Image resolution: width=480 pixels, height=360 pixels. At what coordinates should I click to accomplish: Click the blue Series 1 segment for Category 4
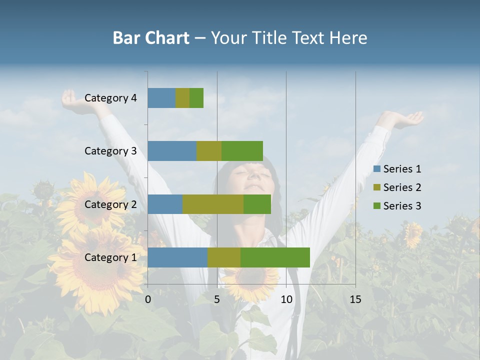(161, 98)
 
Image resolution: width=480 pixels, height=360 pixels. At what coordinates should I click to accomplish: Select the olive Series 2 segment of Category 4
(182, 98)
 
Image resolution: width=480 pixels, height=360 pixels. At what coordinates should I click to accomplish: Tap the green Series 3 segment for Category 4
(196, 98)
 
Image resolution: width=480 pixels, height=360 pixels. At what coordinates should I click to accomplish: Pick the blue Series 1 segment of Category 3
(172, 151)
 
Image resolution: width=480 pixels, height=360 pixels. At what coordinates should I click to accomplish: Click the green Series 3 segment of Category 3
(242, 151)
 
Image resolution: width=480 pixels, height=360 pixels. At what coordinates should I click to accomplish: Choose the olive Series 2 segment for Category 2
(213, 204)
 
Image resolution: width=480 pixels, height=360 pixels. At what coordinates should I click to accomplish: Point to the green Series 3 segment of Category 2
(257, 204)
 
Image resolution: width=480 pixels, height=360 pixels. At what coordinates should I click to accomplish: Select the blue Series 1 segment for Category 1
(177, 257)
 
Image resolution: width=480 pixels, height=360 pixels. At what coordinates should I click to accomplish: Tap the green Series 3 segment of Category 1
(275, 257)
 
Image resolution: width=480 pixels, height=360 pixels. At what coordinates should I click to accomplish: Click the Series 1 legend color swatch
(377, 169)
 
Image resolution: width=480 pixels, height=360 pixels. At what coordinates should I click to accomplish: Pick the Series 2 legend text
(402, 187)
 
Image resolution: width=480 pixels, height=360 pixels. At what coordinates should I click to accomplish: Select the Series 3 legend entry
(398, 206)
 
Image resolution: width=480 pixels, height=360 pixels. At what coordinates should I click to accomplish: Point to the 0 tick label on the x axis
(148, 299)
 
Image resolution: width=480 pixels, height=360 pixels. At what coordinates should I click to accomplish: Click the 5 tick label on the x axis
(217, 299)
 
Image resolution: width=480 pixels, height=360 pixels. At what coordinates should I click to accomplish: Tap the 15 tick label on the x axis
(355, 299)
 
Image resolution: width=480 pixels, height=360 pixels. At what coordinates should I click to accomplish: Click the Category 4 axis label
(110, 98)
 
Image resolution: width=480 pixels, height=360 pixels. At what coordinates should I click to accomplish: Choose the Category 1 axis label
(110, 257)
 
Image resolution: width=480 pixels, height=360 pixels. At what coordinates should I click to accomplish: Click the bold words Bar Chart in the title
(151, 38)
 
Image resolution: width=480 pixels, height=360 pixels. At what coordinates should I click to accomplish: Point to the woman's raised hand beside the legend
(407, 120)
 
